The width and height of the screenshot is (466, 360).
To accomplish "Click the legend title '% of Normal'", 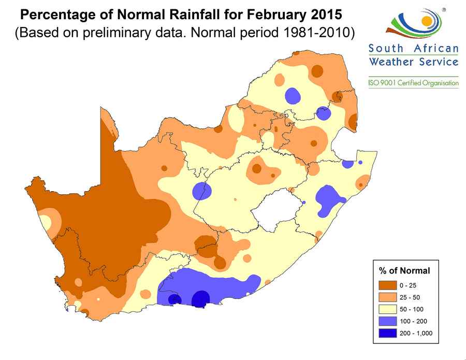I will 404,270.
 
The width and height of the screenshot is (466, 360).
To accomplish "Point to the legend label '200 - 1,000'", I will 416,333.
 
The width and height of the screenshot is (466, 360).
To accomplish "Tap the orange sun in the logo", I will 426,21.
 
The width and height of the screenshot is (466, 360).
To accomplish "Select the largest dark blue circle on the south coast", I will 201,299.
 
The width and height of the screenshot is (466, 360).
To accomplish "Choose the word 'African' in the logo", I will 436,49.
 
